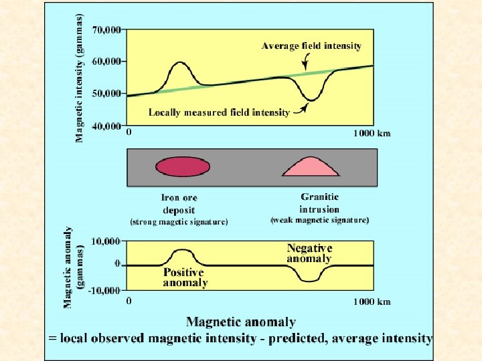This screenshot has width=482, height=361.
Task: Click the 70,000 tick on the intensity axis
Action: pyautogui.click(x=106, y=30)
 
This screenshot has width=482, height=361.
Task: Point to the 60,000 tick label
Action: pyautogui.click(x=106, y=62)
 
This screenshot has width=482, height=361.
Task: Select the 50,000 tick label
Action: pyautogui.click(x=106, y=94)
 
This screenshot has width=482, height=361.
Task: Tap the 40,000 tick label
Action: pyautogui.click(x=106, y=126)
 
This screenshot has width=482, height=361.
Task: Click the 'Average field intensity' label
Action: pyautogui.click(x=311, y=46)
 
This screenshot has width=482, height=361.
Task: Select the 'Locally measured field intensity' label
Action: pyautogui.click(x=219, y=112)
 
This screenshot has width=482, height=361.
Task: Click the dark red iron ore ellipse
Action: pyautogui.click(x=183, y=166)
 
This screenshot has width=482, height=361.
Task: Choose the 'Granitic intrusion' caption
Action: pyautogui.click(x=319, y=203)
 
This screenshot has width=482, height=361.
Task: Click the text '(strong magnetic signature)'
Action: pyautogui.click(x=179, y=222)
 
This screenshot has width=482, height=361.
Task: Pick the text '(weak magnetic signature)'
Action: pyautogui.click(x=319, y=220)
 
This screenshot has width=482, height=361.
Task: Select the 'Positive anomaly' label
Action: pyautogui.click(x=185, y=277)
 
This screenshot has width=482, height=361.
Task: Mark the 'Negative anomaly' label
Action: pyautogui.click(x=309, y=253)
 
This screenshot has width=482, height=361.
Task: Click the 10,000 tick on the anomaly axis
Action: pyautogui.click(x=106, y=241)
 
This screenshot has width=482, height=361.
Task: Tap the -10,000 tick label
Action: pyautogui.click(x=105, y=290)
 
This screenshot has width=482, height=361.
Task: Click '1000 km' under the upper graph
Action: pyautogui.click(x=372, y=133)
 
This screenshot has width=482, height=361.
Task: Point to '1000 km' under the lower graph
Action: pyautogui.click(x=372, y=302)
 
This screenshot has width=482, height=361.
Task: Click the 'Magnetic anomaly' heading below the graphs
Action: pyautogui.click(x=240, y=323)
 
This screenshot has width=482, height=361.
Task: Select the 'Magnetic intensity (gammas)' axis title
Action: pyautogui.click(x=80, y=78)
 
